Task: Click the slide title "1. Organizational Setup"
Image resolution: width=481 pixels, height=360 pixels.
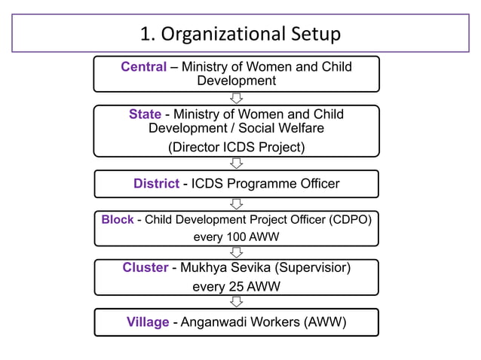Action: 240,34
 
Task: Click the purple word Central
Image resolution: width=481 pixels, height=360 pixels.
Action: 143,67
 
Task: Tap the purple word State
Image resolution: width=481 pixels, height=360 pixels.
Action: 145,114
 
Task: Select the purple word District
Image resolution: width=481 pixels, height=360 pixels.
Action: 156,184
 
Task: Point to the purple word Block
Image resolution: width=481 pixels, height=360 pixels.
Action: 118,220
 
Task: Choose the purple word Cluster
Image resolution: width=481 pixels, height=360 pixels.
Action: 145,267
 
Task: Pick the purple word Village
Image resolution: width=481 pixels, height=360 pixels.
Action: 148,322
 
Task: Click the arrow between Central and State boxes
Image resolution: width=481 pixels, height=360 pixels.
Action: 236,99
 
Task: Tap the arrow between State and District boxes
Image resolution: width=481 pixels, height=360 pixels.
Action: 236,163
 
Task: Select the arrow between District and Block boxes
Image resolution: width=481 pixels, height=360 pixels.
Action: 236,203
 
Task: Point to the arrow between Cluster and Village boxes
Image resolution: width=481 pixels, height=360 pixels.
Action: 236,301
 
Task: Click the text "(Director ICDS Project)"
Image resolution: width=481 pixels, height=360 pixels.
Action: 236,147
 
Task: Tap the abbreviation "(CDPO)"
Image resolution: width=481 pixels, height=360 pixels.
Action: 350,220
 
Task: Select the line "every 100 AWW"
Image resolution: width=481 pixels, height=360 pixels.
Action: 236,238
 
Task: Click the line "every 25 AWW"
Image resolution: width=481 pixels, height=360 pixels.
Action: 236,286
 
